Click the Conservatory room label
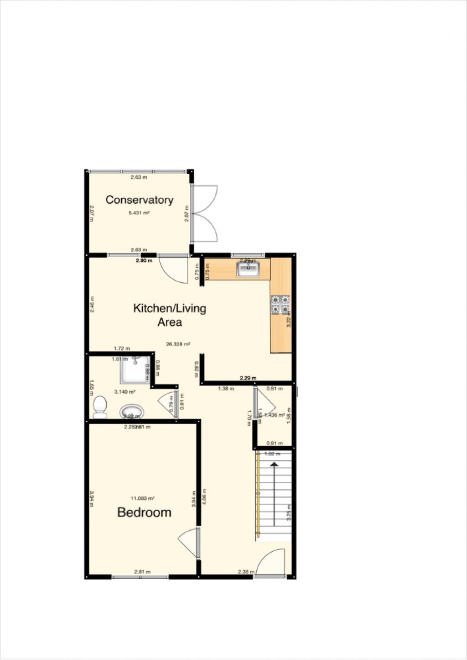click(x=139, y=200)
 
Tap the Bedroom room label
click(x=144, y=512)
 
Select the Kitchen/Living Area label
click(x=170, y=315)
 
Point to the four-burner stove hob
click(x=280, y=305)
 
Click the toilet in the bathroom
click(x=99, y=407)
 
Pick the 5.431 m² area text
click(x=139, y=213)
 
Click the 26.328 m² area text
click(x=179, y=344)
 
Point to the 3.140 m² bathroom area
click(x=125, y=391)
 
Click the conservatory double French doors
click(x=205, y=213)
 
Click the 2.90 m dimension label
click(x=144, y=260)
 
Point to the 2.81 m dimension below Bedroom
click(x=142, y=571)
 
